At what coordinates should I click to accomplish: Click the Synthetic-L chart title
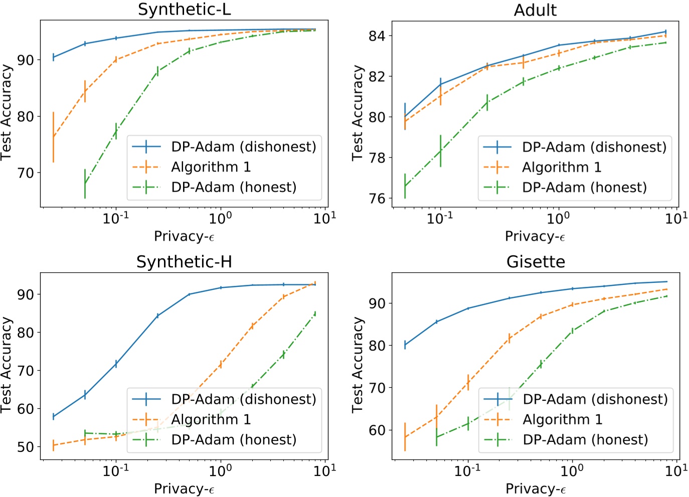184,10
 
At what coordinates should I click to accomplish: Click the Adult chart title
535,10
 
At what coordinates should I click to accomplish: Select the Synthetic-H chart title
184,262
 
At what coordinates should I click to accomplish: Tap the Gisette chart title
536,262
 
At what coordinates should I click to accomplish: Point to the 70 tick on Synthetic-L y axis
26,173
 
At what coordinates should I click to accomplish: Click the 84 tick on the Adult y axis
377,36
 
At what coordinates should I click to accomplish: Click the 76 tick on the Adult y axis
377,199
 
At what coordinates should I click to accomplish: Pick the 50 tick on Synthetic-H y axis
26,447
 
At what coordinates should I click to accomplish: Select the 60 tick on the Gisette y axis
377,430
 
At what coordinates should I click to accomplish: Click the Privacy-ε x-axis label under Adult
535,236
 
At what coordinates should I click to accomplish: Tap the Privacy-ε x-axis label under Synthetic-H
184,488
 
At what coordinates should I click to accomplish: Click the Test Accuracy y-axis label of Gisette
357,365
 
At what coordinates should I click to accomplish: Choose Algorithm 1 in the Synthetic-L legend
211,167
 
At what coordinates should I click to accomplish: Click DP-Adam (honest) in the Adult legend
584,188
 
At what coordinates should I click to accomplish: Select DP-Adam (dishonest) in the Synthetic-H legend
244,399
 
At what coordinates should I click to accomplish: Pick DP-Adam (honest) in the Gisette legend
585,440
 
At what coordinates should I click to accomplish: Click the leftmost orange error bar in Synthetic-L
53,137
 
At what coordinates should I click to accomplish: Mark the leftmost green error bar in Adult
405,186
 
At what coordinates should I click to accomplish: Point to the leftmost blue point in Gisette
405,345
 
